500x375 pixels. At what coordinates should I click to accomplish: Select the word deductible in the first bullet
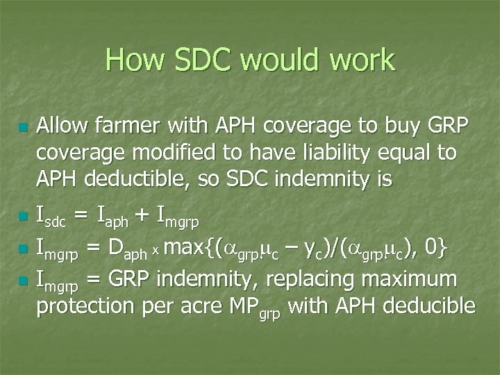[178, 179]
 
